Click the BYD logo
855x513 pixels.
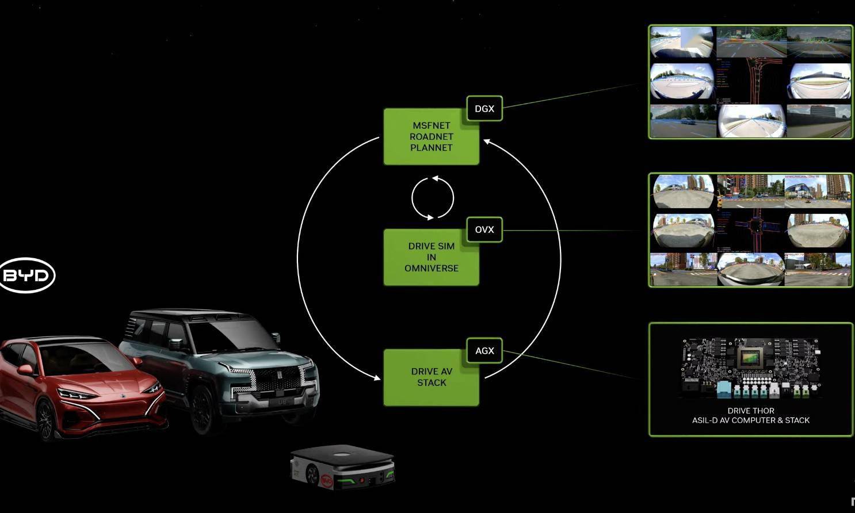click(26, 275)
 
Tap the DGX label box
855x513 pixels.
click(484, 109)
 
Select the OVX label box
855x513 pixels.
click(484, 229)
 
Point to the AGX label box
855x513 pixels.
click(484, 351)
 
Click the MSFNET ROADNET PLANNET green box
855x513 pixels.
click(431, 137)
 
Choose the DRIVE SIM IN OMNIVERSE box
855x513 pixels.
click(431, 257)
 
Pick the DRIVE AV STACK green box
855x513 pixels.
click(431, 377)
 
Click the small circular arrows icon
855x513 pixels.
click(433, 198)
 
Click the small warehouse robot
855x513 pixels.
click(343, 466)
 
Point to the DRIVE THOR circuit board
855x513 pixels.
click(750, 368)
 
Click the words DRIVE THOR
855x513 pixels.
click(750, 411)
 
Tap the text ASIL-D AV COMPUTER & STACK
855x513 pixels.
click(750, 420)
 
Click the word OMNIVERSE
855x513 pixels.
click(431, 268)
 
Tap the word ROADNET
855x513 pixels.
click(431, 137)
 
